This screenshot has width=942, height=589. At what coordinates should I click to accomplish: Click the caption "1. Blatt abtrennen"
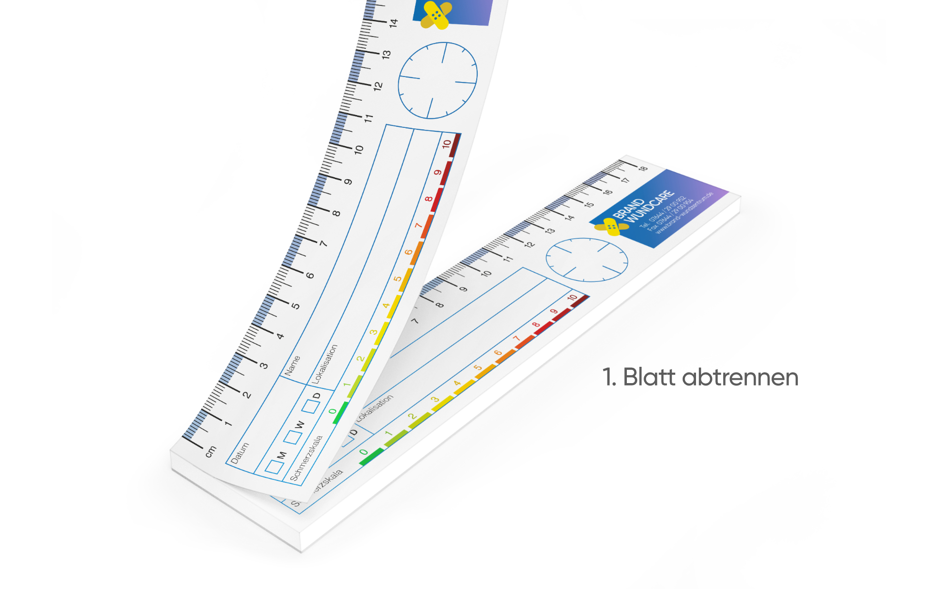(699, 378)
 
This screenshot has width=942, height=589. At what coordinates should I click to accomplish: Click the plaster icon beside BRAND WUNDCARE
(612, 227)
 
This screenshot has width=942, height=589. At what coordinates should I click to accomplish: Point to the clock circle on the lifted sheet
(438, 80)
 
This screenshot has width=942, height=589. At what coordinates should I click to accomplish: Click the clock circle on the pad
(586, 260)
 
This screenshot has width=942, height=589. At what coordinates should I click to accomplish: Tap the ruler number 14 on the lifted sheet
(393, 23)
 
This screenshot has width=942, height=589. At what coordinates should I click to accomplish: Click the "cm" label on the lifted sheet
(210, 451)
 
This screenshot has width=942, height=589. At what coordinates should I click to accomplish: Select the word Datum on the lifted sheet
(240, 453)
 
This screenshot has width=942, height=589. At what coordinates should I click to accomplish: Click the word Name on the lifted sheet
(292, 365)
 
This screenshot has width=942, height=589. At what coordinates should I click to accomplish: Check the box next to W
(292, 436)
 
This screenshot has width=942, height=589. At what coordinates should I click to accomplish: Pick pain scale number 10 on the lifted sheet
(447, 144)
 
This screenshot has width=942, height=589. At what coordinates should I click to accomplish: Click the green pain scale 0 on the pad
(364, 452)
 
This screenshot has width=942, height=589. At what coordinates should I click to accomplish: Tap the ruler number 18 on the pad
(643, 168)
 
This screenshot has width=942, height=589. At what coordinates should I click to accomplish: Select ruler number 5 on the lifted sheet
(295, 306)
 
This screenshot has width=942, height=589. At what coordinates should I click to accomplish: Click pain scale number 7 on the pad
(517, 339)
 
